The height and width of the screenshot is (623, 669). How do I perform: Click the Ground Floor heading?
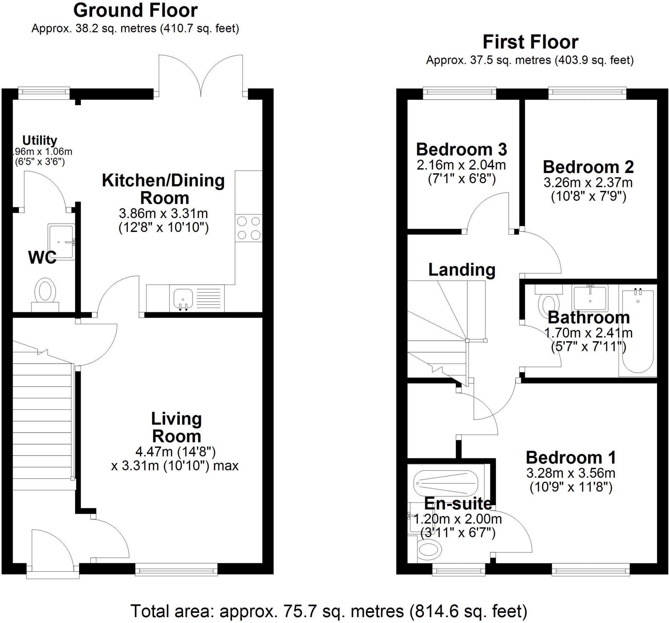[135, 11]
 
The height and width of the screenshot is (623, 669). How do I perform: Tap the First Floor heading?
[530, 43]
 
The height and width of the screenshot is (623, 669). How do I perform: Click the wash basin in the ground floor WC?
[61, 242]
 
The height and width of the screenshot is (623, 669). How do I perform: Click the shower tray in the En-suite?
[446, 483]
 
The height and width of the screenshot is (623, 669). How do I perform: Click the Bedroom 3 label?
[461, 149]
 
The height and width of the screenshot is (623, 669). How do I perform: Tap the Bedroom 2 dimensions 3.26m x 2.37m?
[588, 182]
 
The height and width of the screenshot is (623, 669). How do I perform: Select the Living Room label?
[176, 427]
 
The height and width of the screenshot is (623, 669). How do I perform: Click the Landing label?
[462, 269]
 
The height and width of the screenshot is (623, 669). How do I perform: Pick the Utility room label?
[40, 140]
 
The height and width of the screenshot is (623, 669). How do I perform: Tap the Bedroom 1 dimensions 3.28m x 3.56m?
[571, 473]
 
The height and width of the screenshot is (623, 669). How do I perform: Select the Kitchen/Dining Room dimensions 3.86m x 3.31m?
[164, 213]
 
